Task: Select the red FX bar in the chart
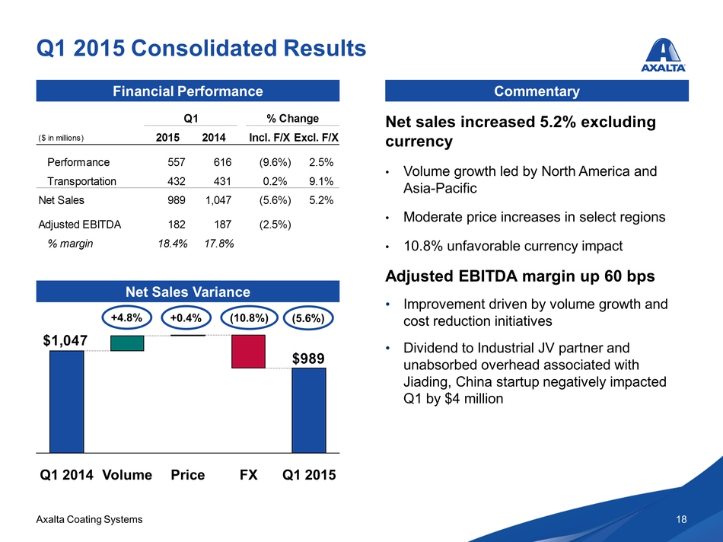248,352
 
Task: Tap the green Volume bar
127,343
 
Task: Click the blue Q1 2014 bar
66,401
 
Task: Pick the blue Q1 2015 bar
309,410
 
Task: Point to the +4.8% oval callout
127,318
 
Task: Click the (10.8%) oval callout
248,318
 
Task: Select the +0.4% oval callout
187,318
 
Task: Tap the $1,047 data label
65,340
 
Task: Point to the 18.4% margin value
172,244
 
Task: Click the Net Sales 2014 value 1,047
217,201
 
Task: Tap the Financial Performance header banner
188,91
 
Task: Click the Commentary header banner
537,91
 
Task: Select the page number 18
681,519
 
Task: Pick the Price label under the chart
187,475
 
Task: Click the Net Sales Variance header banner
188,292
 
